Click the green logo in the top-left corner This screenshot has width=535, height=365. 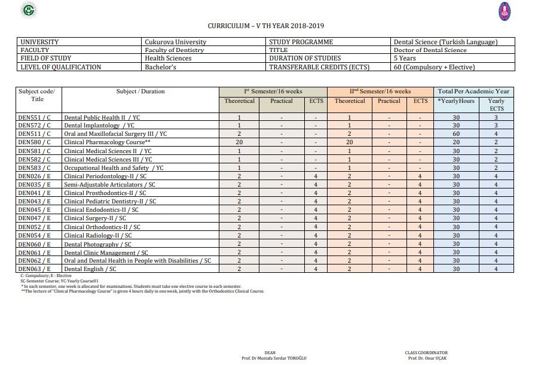tap(28, 10)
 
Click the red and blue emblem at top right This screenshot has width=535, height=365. tap(505, 11)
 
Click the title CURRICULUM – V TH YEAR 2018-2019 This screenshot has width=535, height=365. tap(266, 26)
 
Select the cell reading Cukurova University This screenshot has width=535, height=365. tap(176, 42)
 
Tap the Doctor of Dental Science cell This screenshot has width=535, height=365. tap(430, 50)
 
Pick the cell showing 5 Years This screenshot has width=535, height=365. tap(405, 59)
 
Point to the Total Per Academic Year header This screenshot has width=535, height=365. tap(473, 92)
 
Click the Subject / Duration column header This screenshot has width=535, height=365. tap(140, 92)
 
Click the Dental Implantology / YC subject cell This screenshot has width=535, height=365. tap(99, 126)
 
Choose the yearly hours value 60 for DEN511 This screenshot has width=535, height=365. tap(456, 134)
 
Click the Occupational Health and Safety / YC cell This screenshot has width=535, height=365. tap(114, 168)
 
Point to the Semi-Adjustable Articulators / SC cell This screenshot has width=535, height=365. tap(109, 185)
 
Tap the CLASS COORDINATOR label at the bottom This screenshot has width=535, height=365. tap(426, 353)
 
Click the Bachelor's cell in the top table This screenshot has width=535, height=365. tap(160, 67)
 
